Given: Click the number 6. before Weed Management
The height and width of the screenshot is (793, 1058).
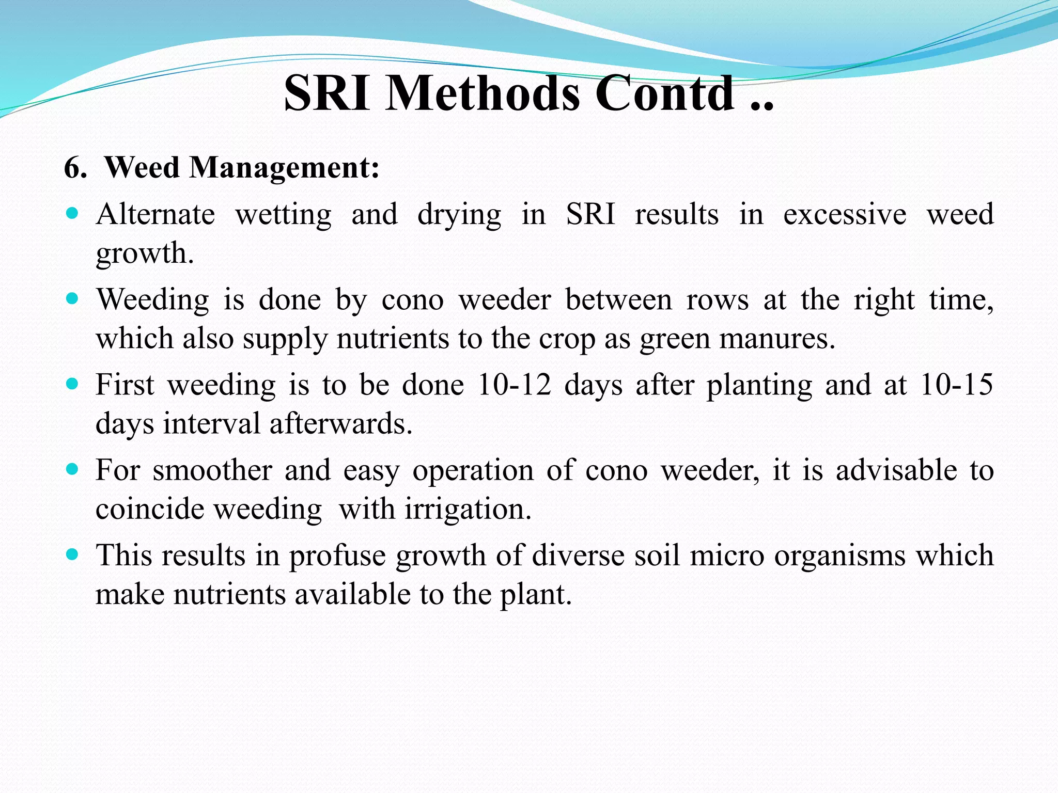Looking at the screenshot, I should coord(76,168).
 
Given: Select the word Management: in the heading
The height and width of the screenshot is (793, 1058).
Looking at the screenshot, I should coord(284,168).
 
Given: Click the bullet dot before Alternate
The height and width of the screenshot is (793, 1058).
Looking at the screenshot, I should coord(72,213).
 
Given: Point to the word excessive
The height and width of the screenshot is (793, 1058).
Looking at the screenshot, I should coord(845,214).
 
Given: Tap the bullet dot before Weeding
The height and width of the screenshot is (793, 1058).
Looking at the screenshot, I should coord(72,298).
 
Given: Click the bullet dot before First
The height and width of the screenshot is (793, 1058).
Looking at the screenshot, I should coord(72,384).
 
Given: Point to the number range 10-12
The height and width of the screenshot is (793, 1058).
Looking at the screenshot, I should coord(514,385).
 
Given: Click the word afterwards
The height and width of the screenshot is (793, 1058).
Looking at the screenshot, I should coord(340,424).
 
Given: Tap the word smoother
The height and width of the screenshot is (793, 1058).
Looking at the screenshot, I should coord(212,470).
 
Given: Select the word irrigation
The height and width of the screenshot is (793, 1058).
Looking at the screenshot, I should coord(468,510).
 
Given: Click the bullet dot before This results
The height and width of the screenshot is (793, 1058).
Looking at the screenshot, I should coord(72,554).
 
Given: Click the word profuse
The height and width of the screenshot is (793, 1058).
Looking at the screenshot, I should coord(337,556).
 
